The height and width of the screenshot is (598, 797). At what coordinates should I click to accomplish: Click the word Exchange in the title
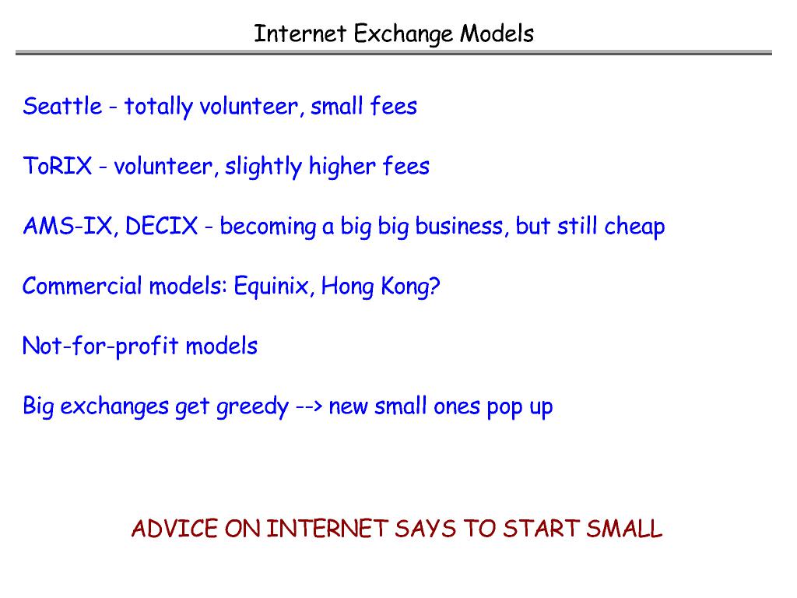click(403, 34)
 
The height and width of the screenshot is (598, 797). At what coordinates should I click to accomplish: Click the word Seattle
click(62, 106)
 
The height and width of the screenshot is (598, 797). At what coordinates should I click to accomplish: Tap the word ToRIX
click(58, 167)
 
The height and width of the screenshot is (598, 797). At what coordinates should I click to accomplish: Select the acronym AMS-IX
click(67, 226)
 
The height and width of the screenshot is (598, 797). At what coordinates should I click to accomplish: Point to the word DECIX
click(161, 226)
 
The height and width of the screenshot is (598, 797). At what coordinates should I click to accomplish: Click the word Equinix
click(271, 286)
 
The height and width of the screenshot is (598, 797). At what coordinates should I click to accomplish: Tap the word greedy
click(253, 407)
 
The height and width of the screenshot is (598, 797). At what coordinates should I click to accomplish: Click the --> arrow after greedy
click(309, 406)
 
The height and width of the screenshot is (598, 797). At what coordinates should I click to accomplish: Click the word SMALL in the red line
click(624, 529)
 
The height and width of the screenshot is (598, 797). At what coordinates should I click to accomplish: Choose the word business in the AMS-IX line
click(459, 226)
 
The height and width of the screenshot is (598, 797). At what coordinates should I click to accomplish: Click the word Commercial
click(82, 286)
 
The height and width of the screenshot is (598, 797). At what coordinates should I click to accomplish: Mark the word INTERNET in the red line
click(328, 529)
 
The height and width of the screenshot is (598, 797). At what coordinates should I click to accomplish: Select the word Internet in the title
click(300, 34)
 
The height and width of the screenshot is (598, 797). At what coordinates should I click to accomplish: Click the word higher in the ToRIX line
click(342, 167)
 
